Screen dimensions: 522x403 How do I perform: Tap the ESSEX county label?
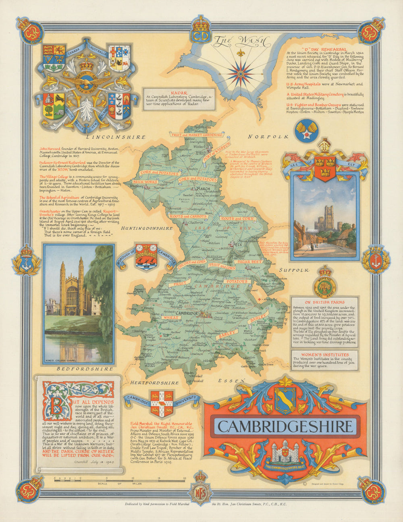click(231, 380)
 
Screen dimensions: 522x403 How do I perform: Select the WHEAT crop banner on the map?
click(171, 318)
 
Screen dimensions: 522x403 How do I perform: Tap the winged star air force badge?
click(306, 129)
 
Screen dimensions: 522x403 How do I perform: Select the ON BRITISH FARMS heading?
click(324, 302)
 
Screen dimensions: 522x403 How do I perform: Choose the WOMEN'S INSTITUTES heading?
click(324, 355)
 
